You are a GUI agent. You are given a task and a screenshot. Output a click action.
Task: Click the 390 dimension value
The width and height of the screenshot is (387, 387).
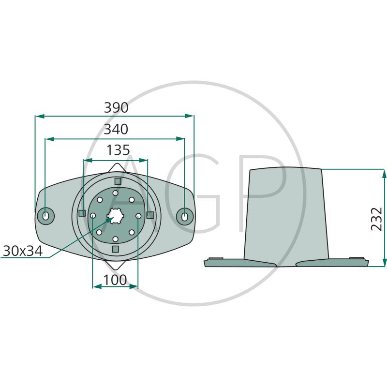click(116, 107)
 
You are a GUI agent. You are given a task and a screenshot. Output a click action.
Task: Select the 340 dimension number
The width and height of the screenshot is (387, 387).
click(116, 129)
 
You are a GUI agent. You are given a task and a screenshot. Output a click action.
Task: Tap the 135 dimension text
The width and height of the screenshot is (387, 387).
click(118, 150)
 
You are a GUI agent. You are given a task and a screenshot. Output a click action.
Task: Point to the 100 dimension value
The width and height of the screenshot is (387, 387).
click(115, 280)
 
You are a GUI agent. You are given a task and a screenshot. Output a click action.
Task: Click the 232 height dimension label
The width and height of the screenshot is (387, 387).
click(377, 219)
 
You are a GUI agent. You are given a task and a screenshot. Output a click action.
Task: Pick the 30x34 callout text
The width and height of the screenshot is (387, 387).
click(23, 251)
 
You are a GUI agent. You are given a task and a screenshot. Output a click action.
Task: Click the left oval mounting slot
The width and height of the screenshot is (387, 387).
click(45, 216)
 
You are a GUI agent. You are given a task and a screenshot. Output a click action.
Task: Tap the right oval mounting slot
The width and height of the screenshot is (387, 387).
click(185, 216)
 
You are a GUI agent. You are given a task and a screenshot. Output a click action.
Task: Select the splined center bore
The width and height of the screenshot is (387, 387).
click(115, 216)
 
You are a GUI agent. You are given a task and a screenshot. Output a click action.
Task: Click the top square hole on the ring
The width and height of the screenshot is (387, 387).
click(118, 181)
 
